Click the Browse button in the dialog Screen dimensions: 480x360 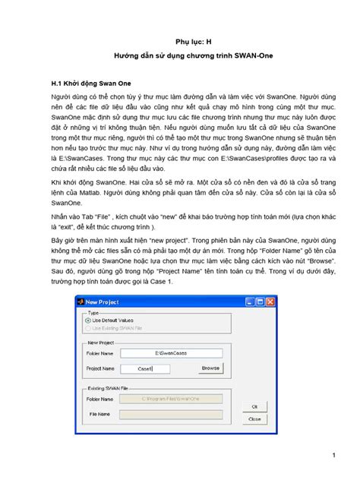tap(210, 368)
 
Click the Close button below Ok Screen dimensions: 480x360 tap(255, 418)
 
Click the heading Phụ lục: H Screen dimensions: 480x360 tap(179, 43)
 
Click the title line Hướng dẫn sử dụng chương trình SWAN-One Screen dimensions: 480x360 tap(179, 58)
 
